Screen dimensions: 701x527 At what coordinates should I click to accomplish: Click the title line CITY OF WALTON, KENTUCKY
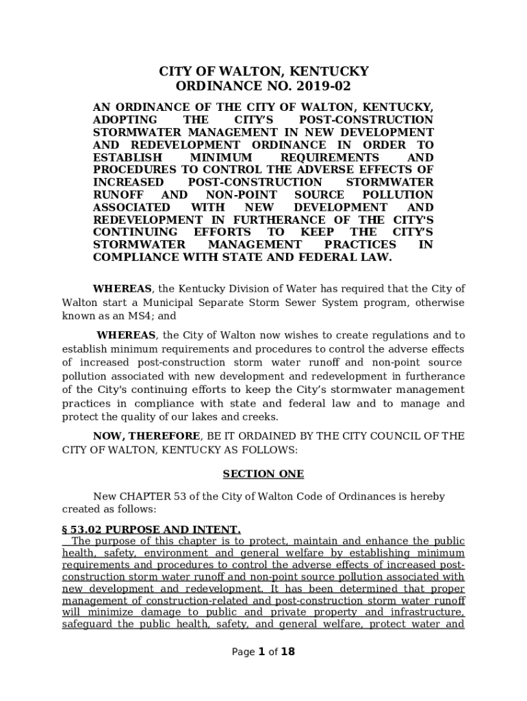(x=263, y=71)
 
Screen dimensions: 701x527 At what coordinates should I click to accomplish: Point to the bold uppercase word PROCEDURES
(x=130, y=170)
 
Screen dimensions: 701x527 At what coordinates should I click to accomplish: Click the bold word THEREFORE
(x=166, y=436)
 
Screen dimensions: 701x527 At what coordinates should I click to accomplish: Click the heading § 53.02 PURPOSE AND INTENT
(x=151, y=530)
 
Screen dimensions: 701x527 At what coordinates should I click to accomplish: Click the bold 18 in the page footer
(x=288, y=652)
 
